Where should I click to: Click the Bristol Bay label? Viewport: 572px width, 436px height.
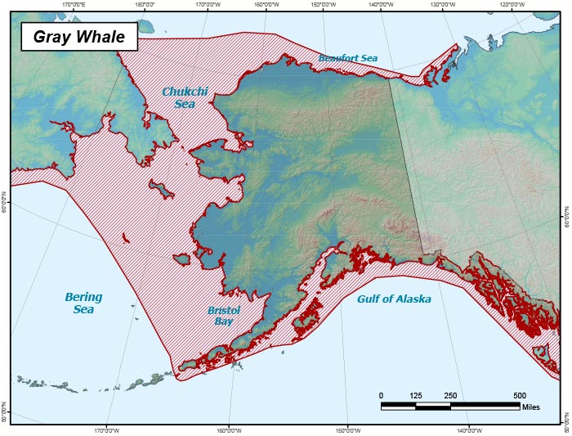point(223,316)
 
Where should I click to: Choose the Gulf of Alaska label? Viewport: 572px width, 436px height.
point(394,299)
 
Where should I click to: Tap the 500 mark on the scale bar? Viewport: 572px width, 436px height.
point(519,396)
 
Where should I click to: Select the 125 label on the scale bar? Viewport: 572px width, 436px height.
point(415,396)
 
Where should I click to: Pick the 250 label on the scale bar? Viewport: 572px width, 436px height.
point(450,396)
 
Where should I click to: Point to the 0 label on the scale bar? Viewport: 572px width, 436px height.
point(382,396)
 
